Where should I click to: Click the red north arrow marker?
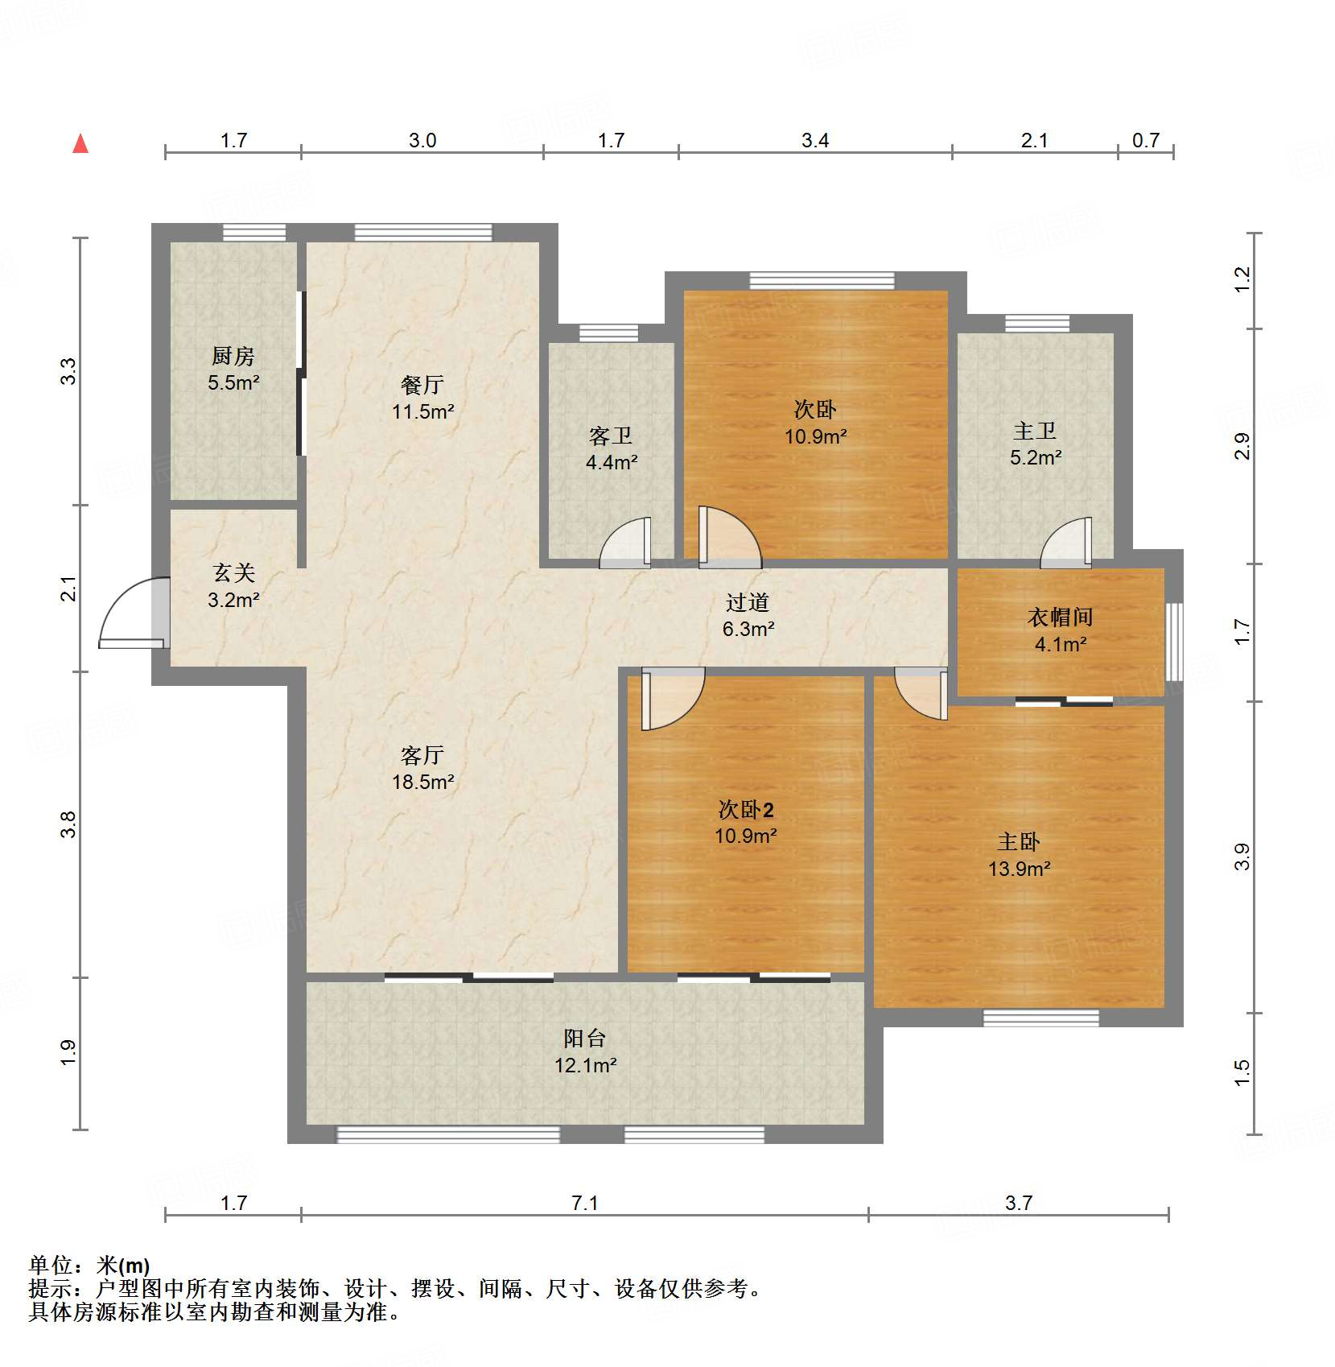80,144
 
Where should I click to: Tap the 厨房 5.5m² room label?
233,369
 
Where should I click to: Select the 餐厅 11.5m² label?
422,398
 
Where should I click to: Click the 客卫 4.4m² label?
612,449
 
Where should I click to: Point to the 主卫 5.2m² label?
1035,444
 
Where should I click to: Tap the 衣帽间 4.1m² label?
1061,630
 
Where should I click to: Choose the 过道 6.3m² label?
748,615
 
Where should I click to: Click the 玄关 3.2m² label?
233,586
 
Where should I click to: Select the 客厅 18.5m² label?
422,768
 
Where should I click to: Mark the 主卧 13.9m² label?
1019,855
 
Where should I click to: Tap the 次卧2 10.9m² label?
745,822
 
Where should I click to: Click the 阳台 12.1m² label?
585,1051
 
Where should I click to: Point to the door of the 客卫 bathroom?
626,543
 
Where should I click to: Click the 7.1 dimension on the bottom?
585,1203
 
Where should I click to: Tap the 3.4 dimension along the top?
814,141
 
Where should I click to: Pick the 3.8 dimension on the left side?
68,824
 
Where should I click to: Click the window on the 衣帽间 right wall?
1175,641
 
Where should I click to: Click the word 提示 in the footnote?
50,1289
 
